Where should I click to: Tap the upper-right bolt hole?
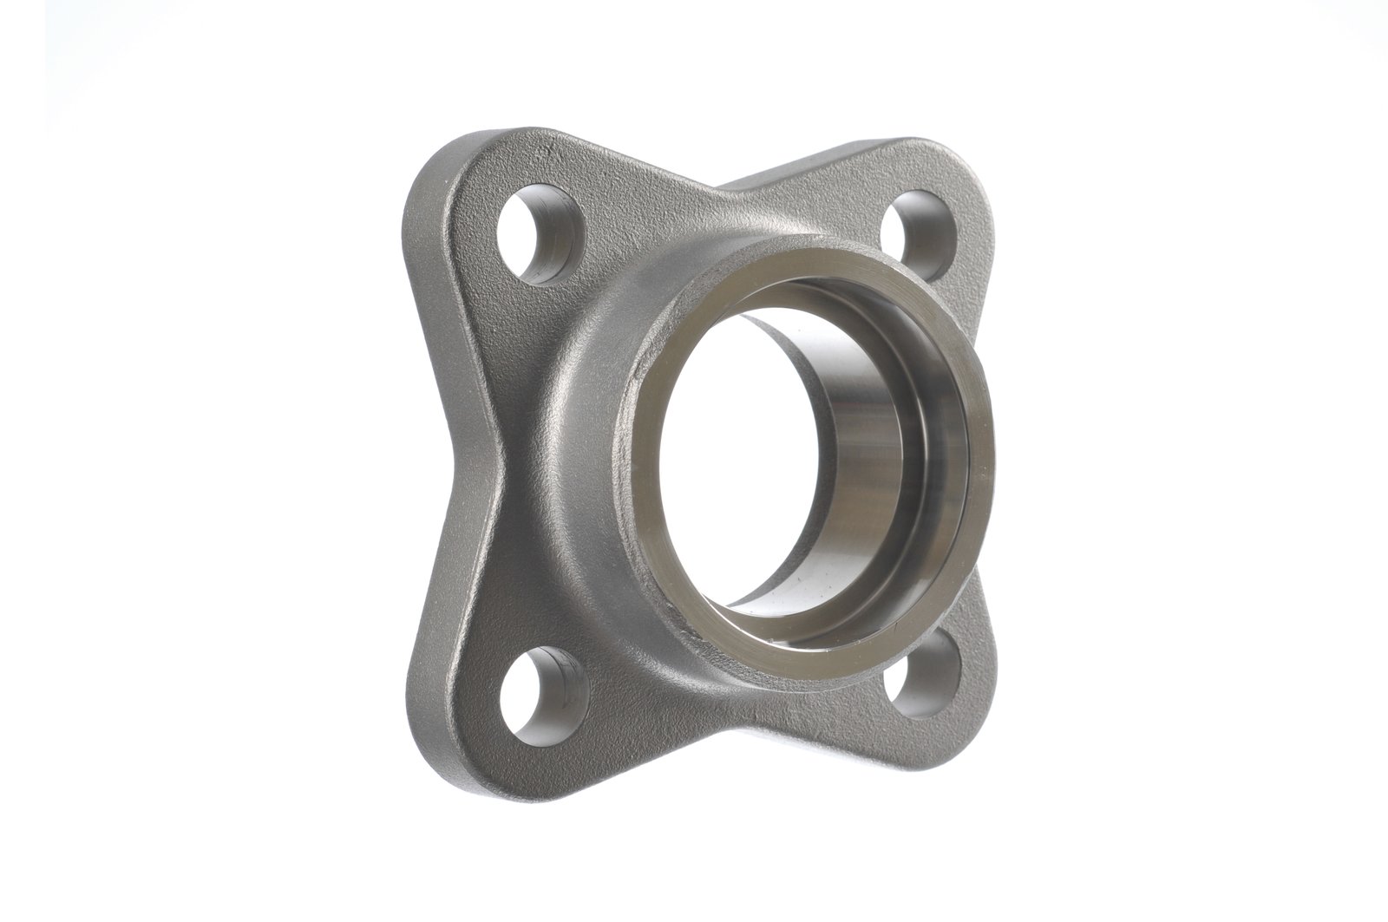coord(920,219)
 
